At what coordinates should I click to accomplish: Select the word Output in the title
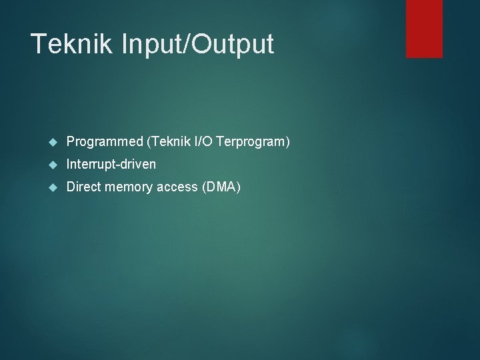[234, 45]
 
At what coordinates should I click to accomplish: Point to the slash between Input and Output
[191, 45]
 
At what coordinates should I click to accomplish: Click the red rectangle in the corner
[424, 28]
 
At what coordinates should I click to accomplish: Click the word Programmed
[105, 141]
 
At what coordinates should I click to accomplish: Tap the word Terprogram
[251, 141]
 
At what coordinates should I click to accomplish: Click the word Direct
[83, 187]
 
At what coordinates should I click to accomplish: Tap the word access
[177, 187]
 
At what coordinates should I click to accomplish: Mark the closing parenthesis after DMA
[238, 187]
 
